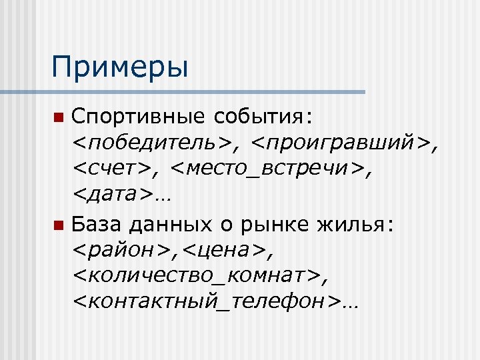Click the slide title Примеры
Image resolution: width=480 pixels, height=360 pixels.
pyautogui.click(x=120, y=67)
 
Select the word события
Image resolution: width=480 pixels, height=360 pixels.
pyautogui.click(x=263, y=118)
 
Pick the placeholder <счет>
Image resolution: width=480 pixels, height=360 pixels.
pyautogui.click(x=112, y=171)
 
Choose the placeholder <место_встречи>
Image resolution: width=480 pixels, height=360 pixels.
pyautogui.click(x=271, y=171)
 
